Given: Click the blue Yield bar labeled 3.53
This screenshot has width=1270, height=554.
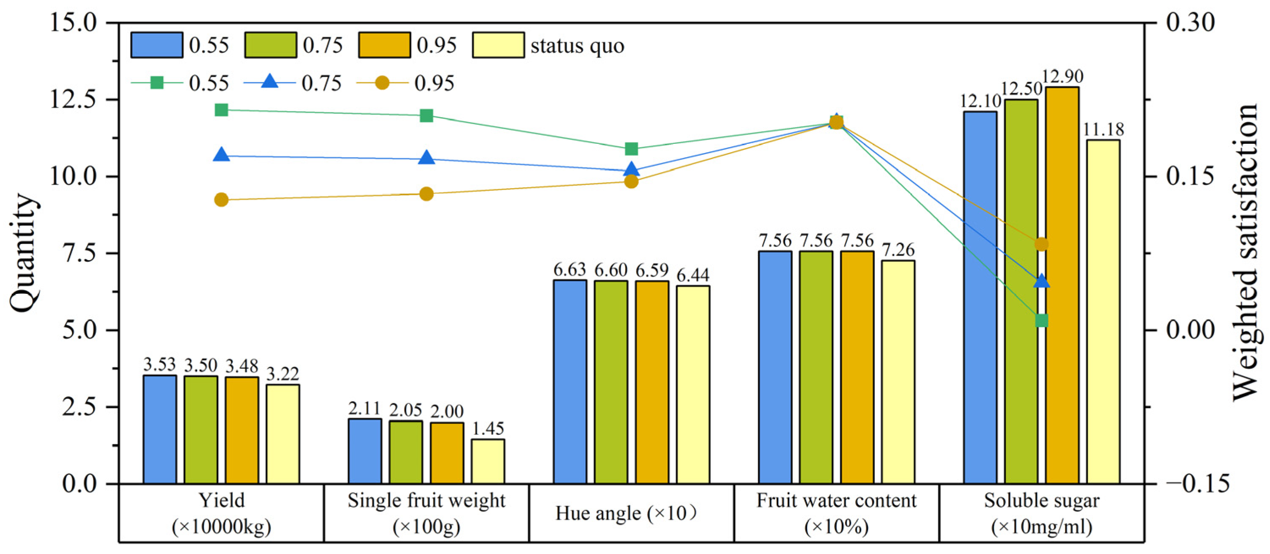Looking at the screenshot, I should point(160,429).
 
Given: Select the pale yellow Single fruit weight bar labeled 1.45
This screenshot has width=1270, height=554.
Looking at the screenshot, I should point(487,461).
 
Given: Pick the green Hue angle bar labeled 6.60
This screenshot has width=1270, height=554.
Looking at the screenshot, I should point(611,382).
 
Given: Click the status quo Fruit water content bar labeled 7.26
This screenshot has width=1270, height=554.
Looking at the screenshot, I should point(898,372).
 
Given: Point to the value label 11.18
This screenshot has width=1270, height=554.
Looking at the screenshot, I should point(1103,130).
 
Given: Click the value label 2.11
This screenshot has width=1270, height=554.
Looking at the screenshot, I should point(364,409).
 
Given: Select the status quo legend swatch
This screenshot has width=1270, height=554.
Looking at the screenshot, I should point(498,45).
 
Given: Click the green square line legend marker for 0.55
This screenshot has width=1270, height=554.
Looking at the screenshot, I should point(157,83).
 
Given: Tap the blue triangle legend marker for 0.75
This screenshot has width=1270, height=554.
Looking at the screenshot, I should point(270,82).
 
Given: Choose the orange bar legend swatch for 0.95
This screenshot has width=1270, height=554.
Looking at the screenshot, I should point(384,45).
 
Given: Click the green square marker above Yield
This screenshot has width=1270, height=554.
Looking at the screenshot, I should point(222,110).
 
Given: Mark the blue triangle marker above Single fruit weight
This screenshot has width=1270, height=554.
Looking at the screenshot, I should point(427,158).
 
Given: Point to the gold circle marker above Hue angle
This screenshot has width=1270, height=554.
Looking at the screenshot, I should point(632,181).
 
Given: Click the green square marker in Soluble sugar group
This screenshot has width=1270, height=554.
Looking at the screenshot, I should point(1041,321).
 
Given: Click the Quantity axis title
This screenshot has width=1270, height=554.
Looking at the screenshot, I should point(24,252).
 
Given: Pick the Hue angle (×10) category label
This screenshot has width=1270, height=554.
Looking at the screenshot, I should point(626,513).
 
